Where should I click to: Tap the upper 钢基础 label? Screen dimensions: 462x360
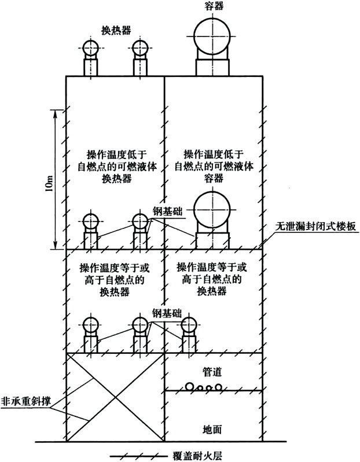coord(168,211)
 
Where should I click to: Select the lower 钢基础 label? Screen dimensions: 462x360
coord(167,313)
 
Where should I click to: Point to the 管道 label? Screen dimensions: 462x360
coord(212,368)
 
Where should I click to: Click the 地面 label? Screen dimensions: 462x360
coord(212,430)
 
